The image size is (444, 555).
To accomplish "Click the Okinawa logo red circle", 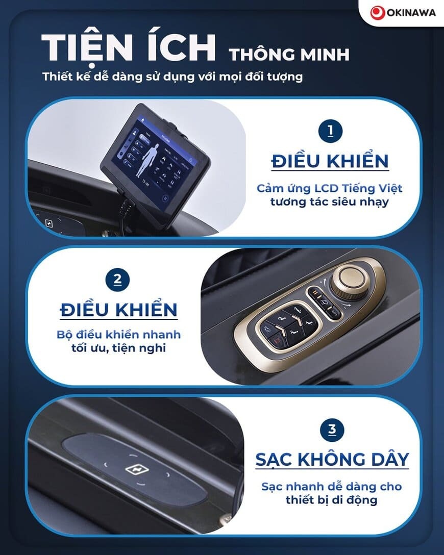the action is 378,13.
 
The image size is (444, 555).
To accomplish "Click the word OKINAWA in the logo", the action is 411,13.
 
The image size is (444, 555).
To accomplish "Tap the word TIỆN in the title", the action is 87,48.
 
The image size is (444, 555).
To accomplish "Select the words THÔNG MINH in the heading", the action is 289,55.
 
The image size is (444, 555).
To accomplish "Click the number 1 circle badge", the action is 330,131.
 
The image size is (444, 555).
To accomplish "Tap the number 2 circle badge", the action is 117,280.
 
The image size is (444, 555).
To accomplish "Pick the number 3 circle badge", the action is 332,430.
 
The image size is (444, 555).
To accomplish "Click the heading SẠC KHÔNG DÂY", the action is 332,460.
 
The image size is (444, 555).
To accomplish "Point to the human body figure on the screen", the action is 147,160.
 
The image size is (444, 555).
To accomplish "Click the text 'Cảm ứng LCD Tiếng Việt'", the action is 329,188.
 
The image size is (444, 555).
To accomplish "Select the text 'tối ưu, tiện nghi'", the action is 118,348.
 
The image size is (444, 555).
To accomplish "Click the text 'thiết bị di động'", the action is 331,500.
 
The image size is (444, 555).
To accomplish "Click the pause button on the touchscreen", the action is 165,198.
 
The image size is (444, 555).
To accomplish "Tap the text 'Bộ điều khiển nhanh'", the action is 118,335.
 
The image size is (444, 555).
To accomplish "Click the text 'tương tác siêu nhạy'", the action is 329,202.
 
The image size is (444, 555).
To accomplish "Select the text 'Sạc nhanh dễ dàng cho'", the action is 331,487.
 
